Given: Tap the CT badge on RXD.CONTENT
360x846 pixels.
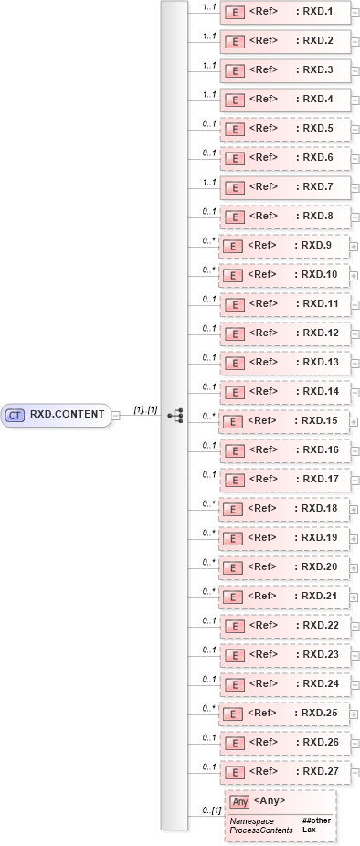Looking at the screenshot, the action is point(15,415).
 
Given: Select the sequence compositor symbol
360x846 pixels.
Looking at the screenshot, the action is point(175,415).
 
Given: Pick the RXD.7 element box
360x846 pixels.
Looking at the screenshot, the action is point(285,186).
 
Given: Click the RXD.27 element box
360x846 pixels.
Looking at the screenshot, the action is point(285,771).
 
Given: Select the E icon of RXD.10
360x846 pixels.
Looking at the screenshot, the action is point(232,274).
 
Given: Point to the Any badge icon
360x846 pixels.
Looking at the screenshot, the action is point(239,801).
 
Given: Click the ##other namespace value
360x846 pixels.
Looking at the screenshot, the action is point(316,821).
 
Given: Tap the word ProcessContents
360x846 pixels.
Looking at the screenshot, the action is point(260,830).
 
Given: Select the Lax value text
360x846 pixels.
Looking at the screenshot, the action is point(309,830).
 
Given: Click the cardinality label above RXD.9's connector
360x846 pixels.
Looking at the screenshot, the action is point(208,239).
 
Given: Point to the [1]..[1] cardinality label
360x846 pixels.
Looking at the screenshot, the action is point(146,409).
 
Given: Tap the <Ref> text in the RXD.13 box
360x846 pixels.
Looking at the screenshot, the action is point(263,362).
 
